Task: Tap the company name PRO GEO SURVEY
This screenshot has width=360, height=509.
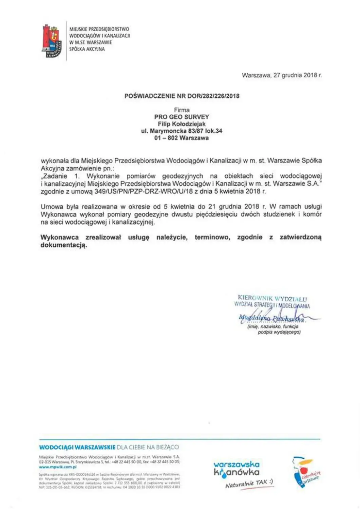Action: [x=182, y=117]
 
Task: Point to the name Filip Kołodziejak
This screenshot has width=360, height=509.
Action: [x=182, y=124]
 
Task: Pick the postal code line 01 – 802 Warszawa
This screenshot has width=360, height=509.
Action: [x=182, y=138]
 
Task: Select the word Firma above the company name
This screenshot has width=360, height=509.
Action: [x=182, y=110]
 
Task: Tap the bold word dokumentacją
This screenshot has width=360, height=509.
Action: [x=64, y=245]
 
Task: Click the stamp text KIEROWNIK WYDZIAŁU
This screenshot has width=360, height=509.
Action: [x=272, y=299]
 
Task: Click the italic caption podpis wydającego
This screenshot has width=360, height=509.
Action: [x=279, y=332]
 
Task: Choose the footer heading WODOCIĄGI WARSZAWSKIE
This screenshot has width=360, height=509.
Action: [x=77, y=447]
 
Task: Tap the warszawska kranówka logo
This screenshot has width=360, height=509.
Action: [x=236, y=469]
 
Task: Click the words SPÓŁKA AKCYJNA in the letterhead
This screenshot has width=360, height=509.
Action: [x=87, y=49]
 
